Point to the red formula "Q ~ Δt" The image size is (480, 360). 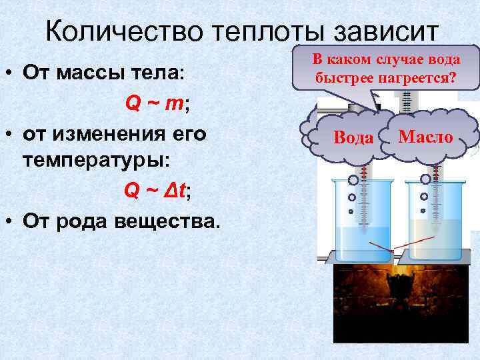click(156, 191)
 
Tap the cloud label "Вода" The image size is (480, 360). click(353, 138)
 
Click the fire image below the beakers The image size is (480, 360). click(400, 300)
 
